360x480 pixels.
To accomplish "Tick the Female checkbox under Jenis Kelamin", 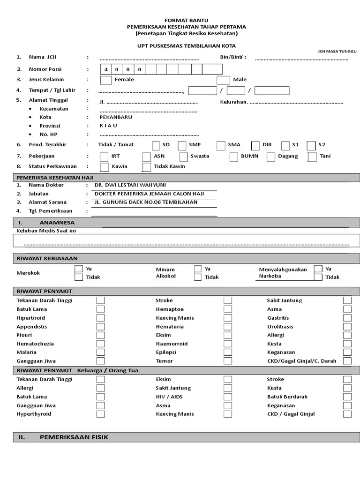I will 106,80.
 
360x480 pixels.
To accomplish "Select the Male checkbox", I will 223,80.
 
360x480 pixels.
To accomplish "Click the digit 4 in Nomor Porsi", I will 106,69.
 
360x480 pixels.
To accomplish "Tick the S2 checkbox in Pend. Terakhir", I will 311,145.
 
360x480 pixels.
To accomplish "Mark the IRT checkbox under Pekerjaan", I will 105,157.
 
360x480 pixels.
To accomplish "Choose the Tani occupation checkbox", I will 312,157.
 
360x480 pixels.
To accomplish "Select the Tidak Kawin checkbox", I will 146,167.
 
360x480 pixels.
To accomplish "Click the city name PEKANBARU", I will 116,117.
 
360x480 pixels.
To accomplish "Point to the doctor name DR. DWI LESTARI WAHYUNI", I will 127,185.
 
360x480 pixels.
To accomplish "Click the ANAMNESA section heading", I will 57,223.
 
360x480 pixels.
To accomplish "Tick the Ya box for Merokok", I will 79,269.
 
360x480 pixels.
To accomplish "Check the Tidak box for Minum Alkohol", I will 198,277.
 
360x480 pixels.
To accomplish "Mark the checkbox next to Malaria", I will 100,352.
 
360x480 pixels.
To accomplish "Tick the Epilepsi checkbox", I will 227,352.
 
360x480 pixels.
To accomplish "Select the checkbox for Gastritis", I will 347,318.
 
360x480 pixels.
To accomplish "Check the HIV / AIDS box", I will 227,397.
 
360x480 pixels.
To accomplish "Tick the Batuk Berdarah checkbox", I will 347,397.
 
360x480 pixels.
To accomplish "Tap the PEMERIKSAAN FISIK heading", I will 74,437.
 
